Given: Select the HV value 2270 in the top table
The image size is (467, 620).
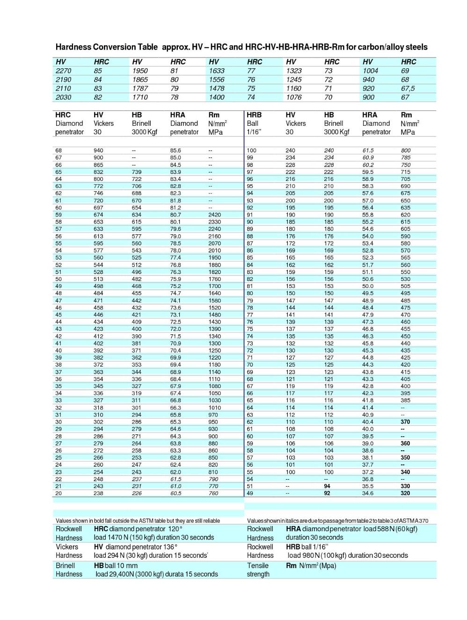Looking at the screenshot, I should [63, 71].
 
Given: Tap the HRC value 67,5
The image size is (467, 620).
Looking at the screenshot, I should [408, 88].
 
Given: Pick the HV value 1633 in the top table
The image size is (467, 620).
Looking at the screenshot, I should [217, 71].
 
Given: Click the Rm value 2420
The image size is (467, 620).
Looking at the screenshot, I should [215, 215].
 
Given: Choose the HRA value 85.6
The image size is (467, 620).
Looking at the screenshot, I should [175, 151].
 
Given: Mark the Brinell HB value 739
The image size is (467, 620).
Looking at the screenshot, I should [137, 172].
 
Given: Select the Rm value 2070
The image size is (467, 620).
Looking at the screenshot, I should [215, 243].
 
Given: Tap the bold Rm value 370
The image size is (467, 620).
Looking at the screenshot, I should [405, 422].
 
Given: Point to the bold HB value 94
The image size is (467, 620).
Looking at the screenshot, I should [327, 486].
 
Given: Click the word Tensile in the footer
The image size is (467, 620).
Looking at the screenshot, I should [258, 565].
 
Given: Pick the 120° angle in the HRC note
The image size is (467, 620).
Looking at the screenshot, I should [175, 529].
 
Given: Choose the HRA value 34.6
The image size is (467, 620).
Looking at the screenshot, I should [367, 493].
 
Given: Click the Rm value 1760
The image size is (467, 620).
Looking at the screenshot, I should [215, 279].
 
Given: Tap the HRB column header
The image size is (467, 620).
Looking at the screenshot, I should [254, 115].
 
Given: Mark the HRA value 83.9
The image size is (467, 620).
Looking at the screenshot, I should [175, 172].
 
